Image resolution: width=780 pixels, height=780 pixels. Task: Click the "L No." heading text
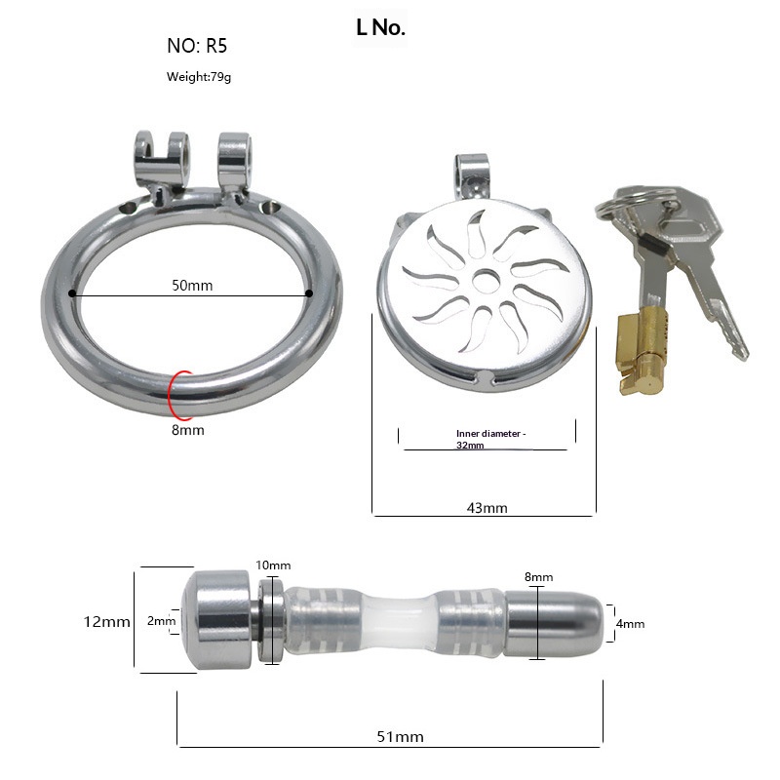[380, 28]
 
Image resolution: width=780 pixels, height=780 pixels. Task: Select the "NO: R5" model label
[197, 46]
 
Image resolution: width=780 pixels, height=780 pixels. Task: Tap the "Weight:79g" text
[199, 77]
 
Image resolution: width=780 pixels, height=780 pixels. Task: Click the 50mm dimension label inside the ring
[192, 286]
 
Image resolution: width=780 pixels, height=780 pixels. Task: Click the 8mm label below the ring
[187, 430]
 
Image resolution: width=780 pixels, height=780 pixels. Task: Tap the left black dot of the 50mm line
[72, 293]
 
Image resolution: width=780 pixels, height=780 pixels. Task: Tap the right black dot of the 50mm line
[309, 293]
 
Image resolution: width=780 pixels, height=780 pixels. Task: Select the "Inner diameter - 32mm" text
[490, 439]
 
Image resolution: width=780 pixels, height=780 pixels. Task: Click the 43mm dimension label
[487, 508]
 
